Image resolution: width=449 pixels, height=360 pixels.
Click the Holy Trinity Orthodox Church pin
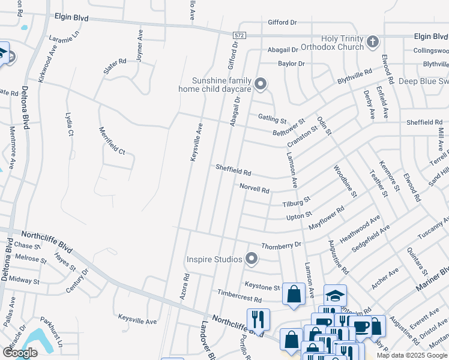pos(372,42)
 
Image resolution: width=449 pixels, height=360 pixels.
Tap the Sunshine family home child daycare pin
pos(261,85)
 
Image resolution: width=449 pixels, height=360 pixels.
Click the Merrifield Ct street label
pos(112,141)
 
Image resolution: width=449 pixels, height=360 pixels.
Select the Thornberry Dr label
pos(281,245)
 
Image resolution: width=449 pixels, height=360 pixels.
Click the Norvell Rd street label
pos(255,188)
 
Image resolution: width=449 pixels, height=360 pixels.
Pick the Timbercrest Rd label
pos(240,298)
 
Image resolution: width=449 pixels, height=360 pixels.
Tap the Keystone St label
pos(262,287)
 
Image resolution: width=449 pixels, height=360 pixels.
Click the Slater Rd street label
pos(115,65)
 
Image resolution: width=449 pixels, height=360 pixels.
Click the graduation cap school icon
pos(335,295)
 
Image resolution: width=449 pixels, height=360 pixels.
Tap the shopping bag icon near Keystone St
pos(294,294)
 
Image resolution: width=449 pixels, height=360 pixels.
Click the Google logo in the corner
pos(20,353)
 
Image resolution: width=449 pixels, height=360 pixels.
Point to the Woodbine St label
pos(345,181)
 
